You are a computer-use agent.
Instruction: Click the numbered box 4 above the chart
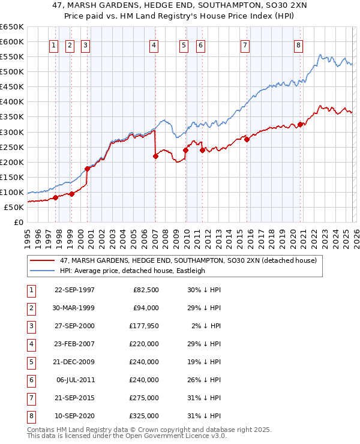[x=154, y=45]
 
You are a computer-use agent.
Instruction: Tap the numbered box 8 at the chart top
[x=298, y=45]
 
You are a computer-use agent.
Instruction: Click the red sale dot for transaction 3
[x=88, y=169]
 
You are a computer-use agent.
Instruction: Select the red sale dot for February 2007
[x=155, y=156]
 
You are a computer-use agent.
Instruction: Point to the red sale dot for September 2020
[x=299, y=125]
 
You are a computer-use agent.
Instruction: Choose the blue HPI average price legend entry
[x=132, y=271]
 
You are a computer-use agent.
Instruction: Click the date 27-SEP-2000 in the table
[x=74, y=326]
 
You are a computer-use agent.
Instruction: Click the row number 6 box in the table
[x=30, y=380]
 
